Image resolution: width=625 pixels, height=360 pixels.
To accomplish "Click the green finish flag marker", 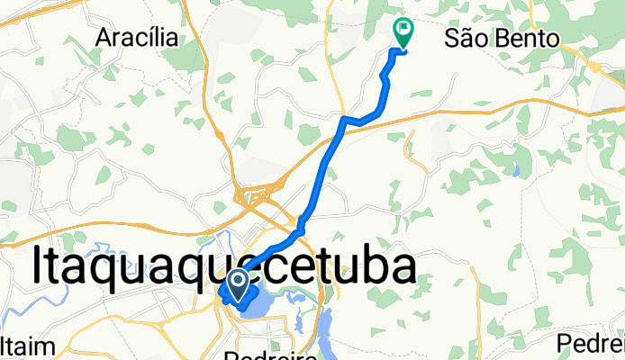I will tap(403, 33).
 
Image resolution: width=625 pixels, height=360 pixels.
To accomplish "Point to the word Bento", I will tap(528, 38).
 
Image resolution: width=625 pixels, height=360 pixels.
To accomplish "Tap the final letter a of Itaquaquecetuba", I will tap(402, 267).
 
